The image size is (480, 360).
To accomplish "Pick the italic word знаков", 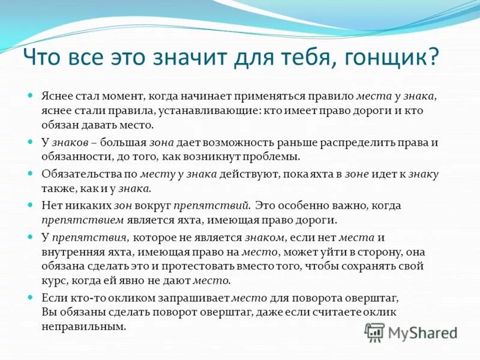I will point(70,142).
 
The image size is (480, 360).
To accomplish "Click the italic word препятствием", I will point(74,220).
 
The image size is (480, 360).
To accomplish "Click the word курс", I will point(54,281).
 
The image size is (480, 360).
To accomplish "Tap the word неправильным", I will point(84,327).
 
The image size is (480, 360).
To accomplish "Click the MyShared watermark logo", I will point(411,332).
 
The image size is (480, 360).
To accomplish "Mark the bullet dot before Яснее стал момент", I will point(31,96).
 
